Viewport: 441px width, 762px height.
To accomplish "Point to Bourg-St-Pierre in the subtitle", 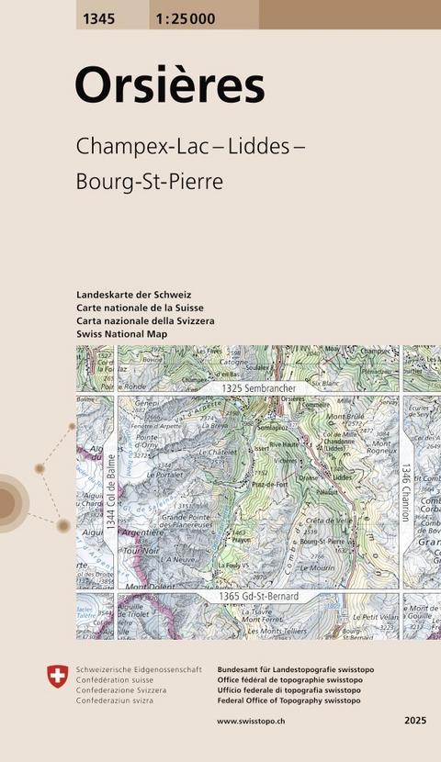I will coord(151,181).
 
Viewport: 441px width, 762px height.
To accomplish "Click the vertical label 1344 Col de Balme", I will coord(111,491).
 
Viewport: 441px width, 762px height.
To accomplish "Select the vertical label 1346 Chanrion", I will coord(405,491).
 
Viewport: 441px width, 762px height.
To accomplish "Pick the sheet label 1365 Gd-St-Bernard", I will coord(258,597).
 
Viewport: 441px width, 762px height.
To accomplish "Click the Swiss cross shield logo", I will coord(57,678).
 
